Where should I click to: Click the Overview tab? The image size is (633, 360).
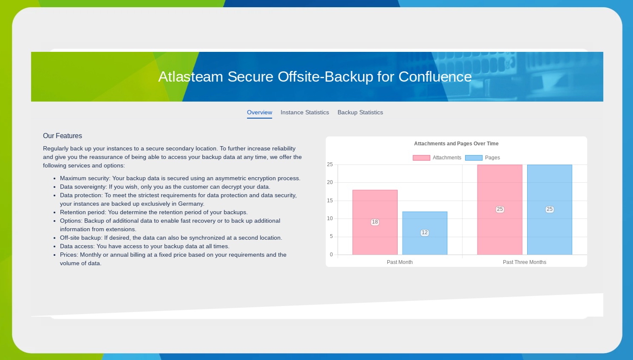tap(259, 113)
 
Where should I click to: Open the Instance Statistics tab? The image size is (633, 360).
tap(304, 113)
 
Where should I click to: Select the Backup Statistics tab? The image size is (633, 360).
tap(360, 113)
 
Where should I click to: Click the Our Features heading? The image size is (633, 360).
tap(62, 136)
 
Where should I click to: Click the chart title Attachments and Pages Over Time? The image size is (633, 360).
tap(456, 144)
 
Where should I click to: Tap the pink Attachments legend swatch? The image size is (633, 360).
tap(421, 158)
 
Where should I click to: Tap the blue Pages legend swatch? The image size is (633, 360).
tap(474, 158)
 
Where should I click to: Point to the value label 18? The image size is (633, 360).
tap(375, 222)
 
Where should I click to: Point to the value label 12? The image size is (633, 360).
tap(425, 232)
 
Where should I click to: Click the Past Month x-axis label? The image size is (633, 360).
tap(400, 262)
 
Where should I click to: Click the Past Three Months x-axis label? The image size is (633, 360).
tap(524, 262)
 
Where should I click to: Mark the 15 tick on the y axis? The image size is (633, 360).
tap(330, 201)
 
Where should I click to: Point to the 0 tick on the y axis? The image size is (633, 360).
tap(331, 255)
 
